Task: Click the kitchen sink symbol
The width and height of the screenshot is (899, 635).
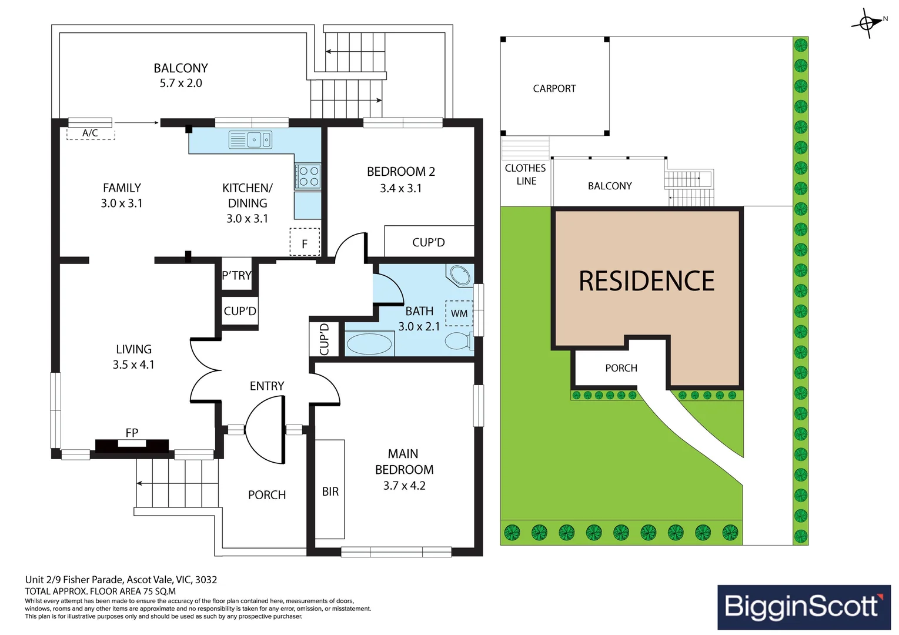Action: pos(250,140)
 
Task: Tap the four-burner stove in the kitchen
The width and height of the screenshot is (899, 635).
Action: pos(308,176)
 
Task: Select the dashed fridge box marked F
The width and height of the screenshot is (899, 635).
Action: pos(305,242)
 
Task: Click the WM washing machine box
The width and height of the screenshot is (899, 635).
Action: pos(459,313)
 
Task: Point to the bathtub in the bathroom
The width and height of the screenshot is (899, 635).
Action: pos(369,343)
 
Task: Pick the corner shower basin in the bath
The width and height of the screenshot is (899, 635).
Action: pos(460,275)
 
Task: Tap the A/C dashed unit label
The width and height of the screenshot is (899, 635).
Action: pos(91,133)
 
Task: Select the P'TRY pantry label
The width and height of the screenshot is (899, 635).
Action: pos(237,275)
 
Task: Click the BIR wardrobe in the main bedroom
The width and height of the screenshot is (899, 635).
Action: pos(330,489)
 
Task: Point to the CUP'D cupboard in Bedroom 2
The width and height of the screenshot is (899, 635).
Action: pos(429,241)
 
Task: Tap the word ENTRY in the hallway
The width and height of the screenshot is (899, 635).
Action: pos(267,386)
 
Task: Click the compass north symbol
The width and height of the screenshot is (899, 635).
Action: pos(867,23)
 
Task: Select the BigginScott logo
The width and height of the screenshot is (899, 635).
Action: pos(804,607)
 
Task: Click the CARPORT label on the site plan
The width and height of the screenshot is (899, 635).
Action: pos(554,89)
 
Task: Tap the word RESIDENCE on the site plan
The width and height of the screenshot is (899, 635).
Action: pos(647,280)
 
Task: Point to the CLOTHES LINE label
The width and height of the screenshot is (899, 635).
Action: pos(526,175)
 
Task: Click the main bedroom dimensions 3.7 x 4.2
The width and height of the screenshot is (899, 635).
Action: pos(403,486)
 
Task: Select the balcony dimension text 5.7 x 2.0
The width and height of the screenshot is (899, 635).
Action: pos(181,83)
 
